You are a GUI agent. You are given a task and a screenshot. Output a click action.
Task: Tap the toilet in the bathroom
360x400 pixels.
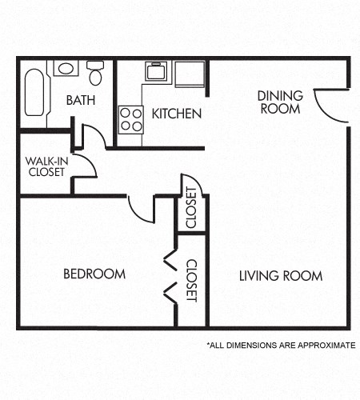click(x=95, y=74)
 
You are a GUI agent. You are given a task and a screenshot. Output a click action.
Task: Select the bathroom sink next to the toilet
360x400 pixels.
click(x=64, y=68)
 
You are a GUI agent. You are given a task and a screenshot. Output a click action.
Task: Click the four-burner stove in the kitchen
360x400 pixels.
click(x=130, y=119)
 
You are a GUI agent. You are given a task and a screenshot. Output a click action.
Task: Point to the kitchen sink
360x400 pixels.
click(x=155, y=70)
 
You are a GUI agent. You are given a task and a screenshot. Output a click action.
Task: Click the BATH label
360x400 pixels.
click(x=80, y=101)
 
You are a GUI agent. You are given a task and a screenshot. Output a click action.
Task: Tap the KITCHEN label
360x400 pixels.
click(x=176, y=114)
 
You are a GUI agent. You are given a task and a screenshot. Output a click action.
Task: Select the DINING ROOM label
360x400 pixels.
click(x=280, y=102)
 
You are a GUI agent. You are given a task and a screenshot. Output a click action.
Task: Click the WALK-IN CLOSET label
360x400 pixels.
click(x=45, y=166)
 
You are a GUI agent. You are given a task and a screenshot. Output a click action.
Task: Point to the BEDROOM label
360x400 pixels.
click(x=94, y=274)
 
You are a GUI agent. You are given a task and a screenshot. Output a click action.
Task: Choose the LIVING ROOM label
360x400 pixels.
click(x=281, y=276)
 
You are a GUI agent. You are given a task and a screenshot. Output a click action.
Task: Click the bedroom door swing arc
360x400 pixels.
click(x=142, y=210)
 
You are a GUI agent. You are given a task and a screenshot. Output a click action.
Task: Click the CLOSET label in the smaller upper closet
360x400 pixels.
click(x=191, y=207)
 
